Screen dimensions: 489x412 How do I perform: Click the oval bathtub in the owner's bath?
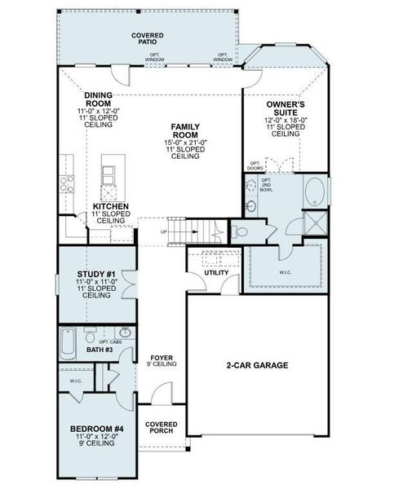[x=315, y=193]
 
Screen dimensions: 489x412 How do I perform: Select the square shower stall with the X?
[x=314, y=223]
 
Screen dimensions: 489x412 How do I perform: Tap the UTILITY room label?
[x=216, y=272]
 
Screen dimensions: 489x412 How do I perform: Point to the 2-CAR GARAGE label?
[x=257, y=366]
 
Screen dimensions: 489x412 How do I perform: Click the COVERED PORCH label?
[x=162, y=429]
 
